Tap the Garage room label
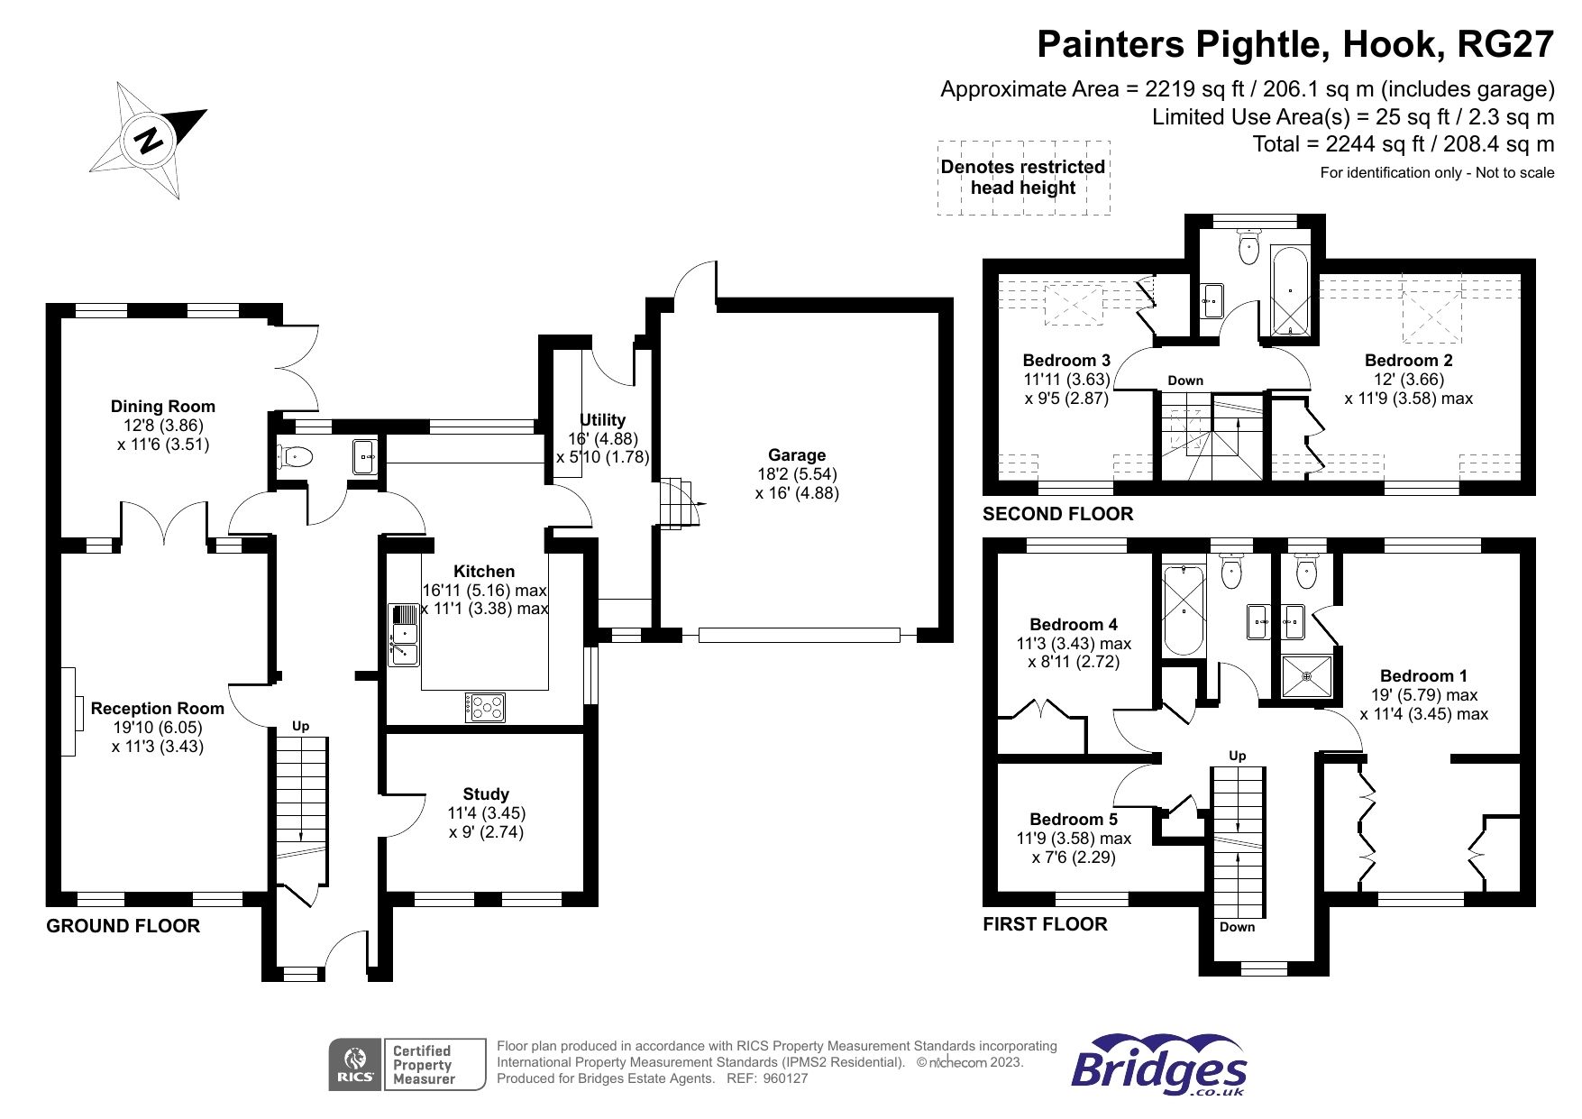[797, 455]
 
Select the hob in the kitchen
[485, 707]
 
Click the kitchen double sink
[404, 635]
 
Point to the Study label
[486, 794]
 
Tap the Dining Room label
[163, 407]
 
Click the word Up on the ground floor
[300, 726]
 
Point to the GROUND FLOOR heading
[123, 926]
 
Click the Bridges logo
[1159, 1066]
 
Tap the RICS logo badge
[355, 1065]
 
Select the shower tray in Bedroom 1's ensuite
[1307, 675]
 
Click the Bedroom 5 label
[1073, 820]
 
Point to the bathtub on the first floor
[1184, 610]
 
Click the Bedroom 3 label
[1066, 361]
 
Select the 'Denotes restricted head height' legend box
[1023, 178]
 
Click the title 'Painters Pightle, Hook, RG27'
[1295, 44]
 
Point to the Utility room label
[602, 420]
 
